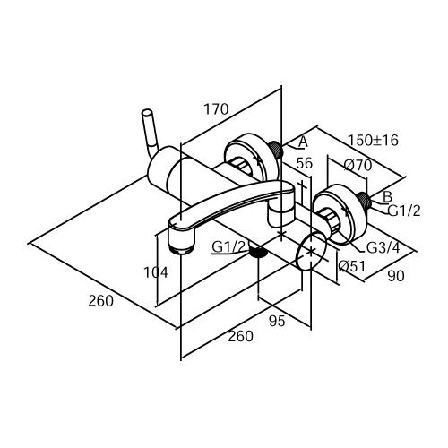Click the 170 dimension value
click(x=216, y=109)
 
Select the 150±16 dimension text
click(x=373, y=140)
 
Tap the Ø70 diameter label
click(x=358, y=165)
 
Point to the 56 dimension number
click(x=305, y=163)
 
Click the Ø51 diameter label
click(x=352, y=266)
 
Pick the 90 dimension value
click(x=396, y=276)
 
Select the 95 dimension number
click(x=277, y=321)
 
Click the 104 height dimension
click(x=156, y=272)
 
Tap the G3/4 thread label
click(x=383, y=247)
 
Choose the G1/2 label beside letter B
click(x=404, y=211)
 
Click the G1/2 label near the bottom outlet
click(x=228, y=246)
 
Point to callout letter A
click(x=303, y=142)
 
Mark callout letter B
click(x=387, y=197)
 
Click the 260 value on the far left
click(x=101, y=300)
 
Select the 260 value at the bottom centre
click(x=241, y=336)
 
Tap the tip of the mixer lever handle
click(x=147, y=113)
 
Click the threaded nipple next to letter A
click(x=276, y=150)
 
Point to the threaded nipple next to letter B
click(x=364, y=201)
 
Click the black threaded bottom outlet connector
click(x=258, y=253)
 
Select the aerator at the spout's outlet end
click(x=181, y=249)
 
